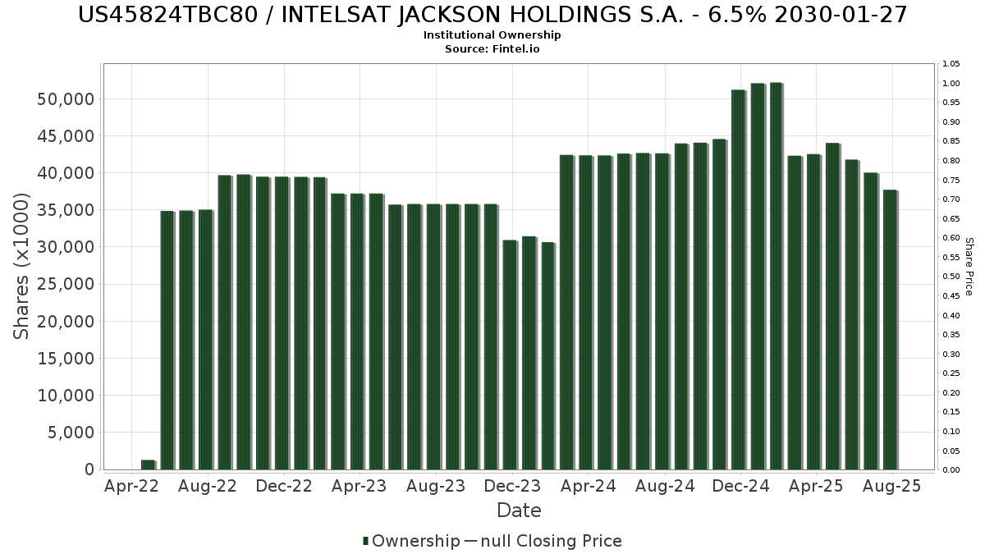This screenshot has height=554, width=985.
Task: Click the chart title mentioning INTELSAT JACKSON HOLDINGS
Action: click(492, 15)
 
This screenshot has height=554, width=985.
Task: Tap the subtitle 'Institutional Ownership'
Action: click(492, 35)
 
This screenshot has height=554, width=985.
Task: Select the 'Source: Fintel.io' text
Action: click(492, 49)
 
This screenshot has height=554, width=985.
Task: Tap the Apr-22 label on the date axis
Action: click(132, 487)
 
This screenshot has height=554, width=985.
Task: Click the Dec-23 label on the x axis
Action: click(512, 487)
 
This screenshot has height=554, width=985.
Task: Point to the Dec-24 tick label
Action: click(740, 487)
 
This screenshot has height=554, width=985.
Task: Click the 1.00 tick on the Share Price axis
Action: click(951, 84)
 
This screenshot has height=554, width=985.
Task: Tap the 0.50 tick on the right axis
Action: click(951, 277)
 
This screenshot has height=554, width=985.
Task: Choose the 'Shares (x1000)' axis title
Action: click(22, 266)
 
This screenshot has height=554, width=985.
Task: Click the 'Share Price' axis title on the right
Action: click(969, 266)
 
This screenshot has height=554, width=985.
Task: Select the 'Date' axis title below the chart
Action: click(519, 511)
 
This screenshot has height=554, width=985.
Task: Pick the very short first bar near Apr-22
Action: click(148, 465)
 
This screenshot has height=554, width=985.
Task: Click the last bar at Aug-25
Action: click(890, 330)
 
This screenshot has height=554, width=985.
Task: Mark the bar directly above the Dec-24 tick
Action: click(738, 279)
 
